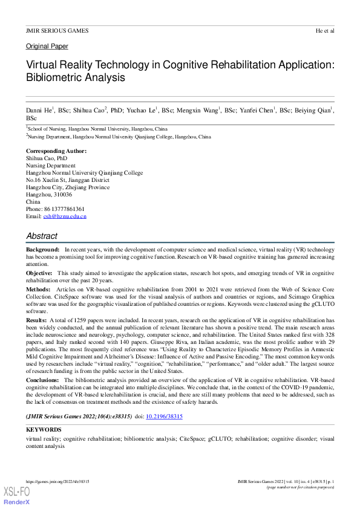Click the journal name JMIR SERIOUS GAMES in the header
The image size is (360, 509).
pos(57,31)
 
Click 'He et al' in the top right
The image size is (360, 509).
pos(325,31)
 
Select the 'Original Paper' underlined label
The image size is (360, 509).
pos(47,47)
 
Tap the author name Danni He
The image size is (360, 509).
pos(39,111)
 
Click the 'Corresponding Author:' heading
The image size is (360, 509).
pos(56,151)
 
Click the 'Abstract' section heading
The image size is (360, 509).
pos(42,236)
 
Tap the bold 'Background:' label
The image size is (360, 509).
pos(42,250)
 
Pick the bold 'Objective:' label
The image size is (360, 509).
pos(39,274)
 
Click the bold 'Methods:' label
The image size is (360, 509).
pos(38,290)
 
